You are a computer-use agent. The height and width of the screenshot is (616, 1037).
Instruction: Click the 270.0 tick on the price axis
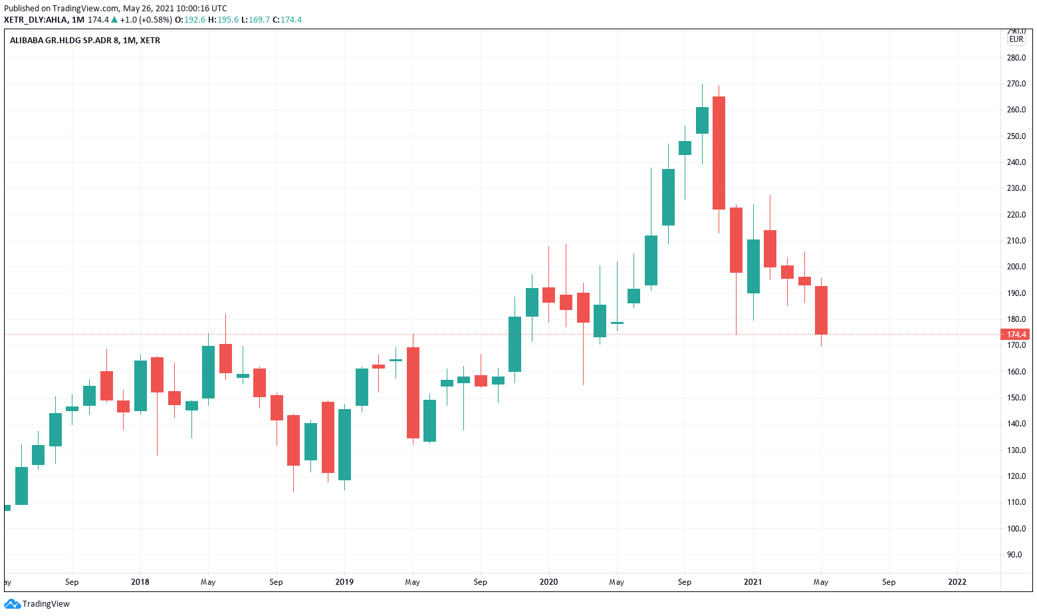click(1016, 84)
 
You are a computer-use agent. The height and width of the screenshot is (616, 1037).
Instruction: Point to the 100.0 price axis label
click(1016, 529)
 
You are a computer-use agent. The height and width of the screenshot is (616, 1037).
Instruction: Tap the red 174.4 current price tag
click(1016, 335)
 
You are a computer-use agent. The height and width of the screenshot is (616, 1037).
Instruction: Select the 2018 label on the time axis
click(140, 582)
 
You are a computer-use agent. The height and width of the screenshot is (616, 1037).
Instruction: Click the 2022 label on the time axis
click(957, 582)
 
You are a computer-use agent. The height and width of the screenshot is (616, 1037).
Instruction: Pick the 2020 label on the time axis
click(548, 582)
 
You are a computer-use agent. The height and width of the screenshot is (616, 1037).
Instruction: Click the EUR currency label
click(1016, 39)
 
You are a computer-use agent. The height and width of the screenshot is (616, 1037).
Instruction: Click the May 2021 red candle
click(821, 310)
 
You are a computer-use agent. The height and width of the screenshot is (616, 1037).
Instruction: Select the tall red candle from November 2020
click(719, 153)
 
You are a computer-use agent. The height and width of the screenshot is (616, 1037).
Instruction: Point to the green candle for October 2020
click(702, 120)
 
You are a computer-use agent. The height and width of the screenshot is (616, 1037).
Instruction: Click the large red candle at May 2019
click(413, 392)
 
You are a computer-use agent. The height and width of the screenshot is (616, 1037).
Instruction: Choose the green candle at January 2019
click(344, 444)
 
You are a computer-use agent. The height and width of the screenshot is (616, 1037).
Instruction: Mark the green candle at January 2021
click(753, 266)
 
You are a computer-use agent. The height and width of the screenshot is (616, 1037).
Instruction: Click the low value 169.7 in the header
click(259, 20)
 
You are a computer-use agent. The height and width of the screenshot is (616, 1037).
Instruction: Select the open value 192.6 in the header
click(195, 20)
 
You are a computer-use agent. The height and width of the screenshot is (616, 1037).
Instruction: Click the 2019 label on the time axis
click(344, 582)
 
